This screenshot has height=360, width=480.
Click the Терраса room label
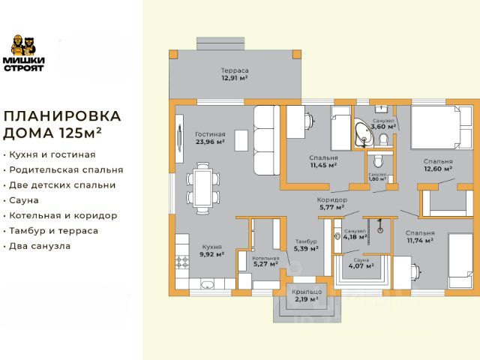(234, 70)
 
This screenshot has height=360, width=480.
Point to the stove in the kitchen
(182, 262)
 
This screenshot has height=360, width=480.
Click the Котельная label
(265, 257)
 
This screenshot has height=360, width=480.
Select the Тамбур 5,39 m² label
(306, 244)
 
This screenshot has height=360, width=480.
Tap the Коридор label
(331, 200)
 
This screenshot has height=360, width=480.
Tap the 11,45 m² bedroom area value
(322, 165)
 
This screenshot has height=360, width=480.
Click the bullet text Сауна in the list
(30, 200)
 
